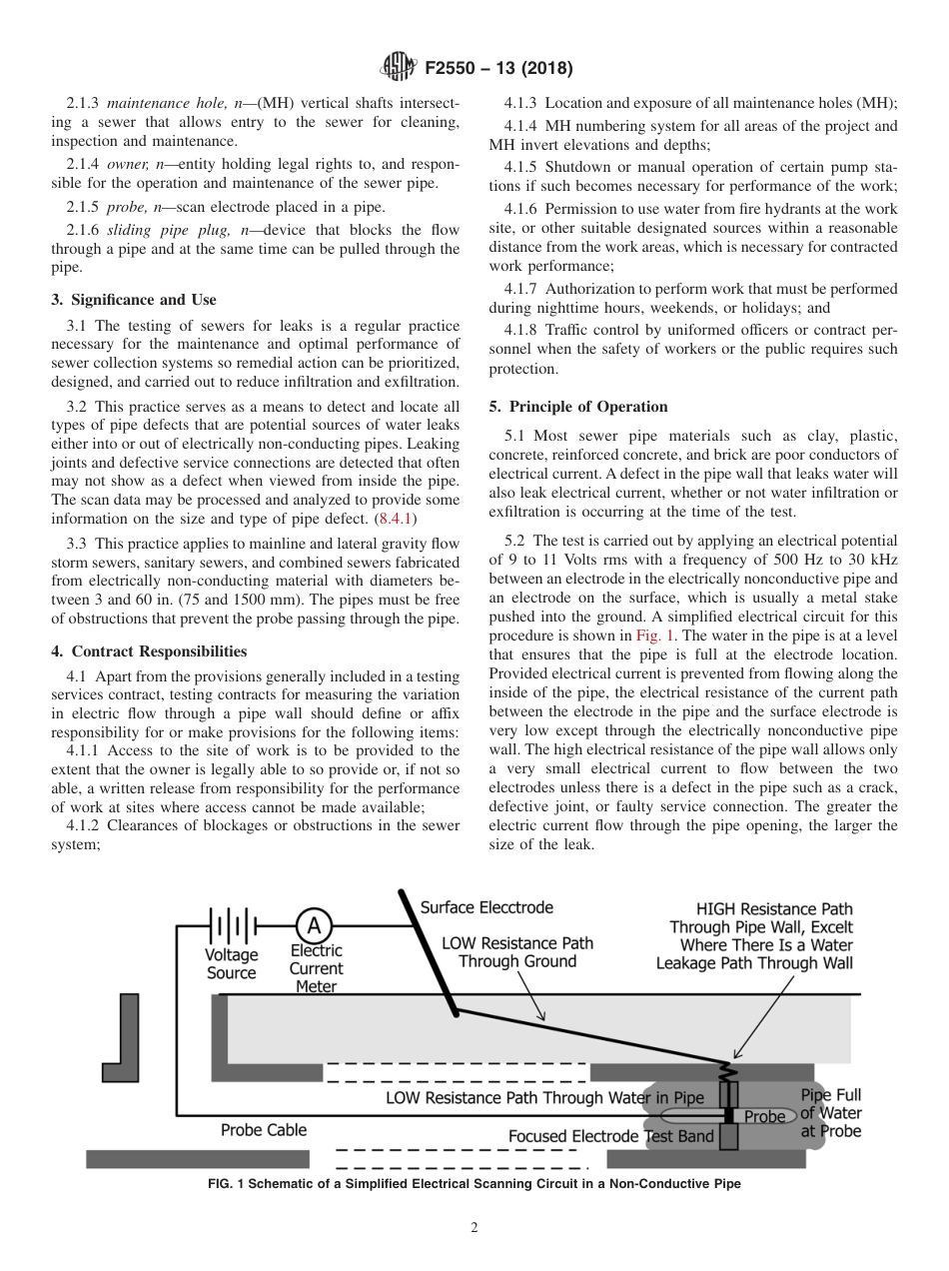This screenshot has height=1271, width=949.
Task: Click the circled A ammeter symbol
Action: pyautogui.click(x=313, y=925)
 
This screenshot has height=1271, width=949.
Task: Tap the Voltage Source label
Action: pyautogui.click(x=231, y=963)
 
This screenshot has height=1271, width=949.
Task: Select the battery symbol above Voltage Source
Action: pyautogui.click(x=231, y=925)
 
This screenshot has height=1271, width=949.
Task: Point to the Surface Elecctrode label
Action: pyautogui.click(x=485, y=907)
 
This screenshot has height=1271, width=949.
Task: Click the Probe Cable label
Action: pyautogui.click(x=264, y=1130)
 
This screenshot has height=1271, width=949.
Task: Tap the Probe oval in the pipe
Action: pyautogui.click(x=765, y=1116)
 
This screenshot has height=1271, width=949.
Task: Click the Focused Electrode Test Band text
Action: pyautogui.click(x=611, y=1136)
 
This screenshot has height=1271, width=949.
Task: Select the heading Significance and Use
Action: pyautogui.click(x=134, y=300)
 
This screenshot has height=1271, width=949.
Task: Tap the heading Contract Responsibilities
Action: pyautogui.click(x=150, y=651)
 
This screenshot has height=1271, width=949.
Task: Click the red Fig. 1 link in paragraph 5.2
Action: pyautogui.click(x=655, y=635)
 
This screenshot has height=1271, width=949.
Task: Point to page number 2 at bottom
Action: pyautogui.click(x=474, y=1228)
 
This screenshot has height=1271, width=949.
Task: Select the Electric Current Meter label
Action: pyautogui.click(x=316, y=968)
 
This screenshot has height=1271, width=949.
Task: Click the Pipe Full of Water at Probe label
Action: pyautogui.click(x=831, y=1113)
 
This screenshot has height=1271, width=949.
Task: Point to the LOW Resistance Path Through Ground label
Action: pyautogui.click(x=517, y=951)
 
